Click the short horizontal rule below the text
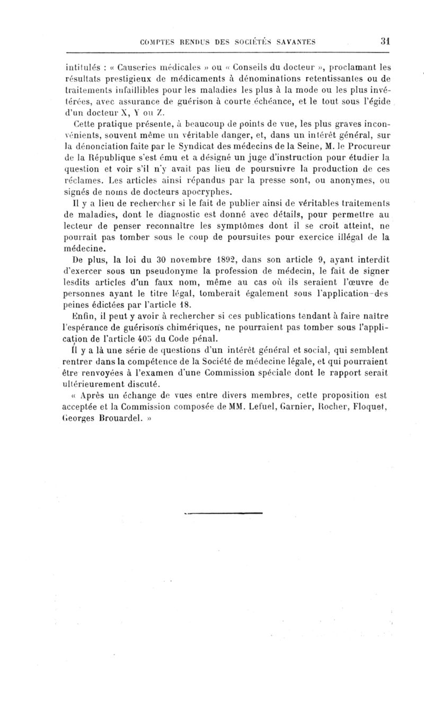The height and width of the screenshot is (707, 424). pyautogui.click(x=222, y=513)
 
